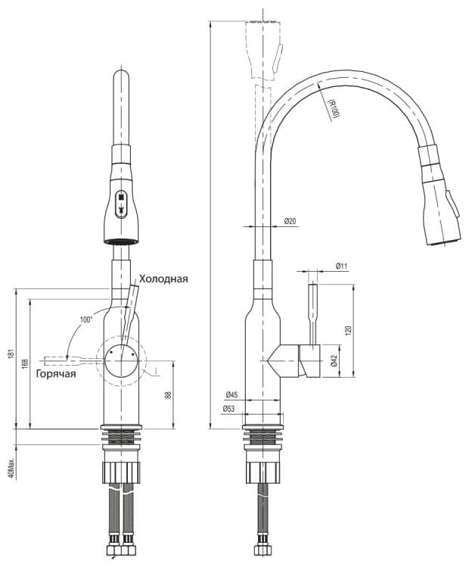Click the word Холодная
(163, 279)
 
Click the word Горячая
(56, 373)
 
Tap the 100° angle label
(86, 319)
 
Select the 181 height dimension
(11, 356)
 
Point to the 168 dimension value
(25, 363)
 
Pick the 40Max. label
(11, 469)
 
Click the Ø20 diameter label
(290, 221)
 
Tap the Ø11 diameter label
(341, 266)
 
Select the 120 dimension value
(348, 331)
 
